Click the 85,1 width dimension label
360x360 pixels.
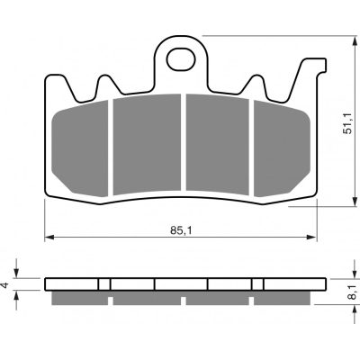[181, 230]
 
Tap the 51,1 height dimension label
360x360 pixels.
[348, 123]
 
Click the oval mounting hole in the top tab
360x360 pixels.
[181, 59]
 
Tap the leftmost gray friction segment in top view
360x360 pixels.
[80, 148]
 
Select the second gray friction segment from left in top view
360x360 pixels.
[147, 144]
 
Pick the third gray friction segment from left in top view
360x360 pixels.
[217, 144]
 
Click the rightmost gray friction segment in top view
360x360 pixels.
[282, 148]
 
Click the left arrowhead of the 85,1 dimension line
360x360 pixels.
[49, 238]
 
